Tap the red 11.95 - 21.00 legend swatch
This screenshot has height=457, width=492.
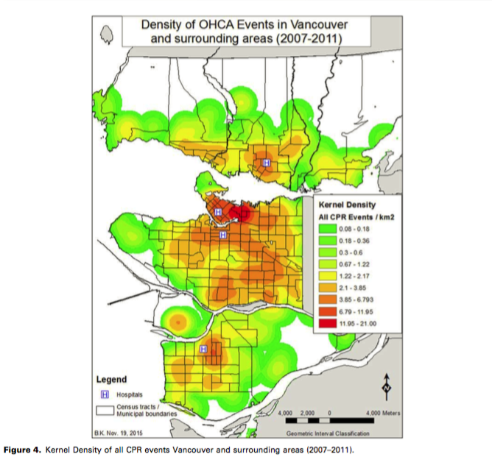click(328, 323)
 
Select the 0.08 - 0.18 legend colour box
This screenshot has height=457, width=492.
click(328, 228)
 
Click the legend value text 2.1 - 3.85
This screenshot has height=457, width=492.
click(352, 288)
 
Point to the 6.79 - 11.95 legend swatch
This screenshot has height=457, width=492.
click(328, 311)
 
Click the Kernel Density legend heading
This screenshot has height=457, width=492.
click(347, 205)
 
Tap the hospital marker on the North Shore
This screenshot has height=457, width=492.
click(267, 163)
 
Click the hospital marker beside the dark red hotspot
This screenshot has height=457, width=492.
click(218, 212)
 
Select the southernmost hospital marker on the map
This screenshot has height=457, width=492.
click(203, 349)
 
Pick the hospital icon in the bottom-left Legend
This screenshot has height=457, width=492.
click(105, 394)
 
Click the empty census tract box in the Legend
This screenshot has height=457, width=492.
click(105, 411)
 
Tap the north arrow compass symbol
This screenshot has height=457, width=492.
click(387, 387)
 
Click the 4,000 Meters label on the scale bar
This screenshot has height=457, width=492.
click(383, 413)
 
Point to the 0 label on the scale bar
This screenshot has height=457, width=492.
click(329, 413)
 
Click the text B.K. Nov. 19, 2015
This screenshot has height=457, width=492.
click(119, 433)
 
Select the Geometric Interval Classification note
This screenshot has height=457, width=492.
click(328, 433)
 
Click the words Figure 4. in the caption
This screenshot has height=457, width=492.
click(22, 450)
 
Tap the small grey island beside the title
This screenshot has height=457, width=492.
click(107, 35)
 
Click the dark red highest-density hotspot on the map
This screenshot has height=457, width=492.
click(239, 213)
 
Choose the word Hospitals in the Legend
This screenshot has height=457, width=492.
click(130, 394)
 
